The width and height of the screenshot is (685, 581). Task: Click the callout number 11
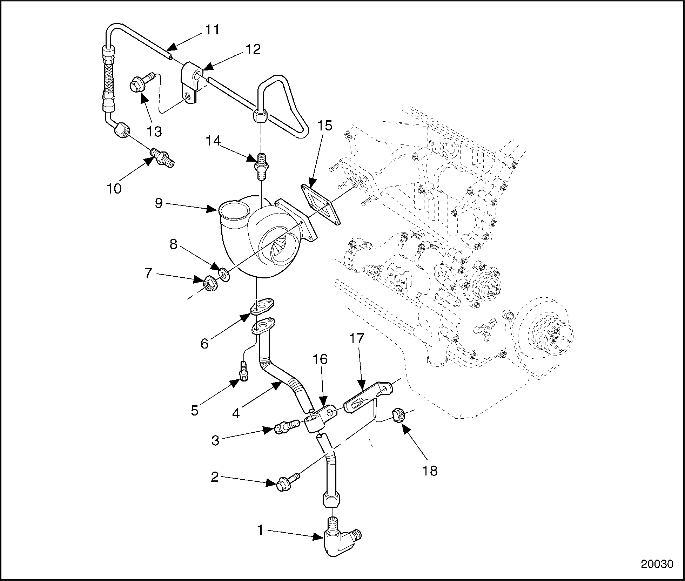pyautogui.click(x=212, y=30)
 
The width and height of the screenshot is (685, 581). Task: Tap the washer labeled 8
pyautogui.click(x=223, y=273)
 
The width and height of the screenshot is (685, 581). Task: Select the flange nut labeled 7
pyautogui.click(x=209, y=282)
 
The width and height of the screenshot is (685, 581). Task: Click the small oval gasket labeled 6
pyautogui.click(x=263, y=306)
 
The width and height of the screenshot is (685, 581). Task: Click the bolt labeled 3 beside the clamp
pyautogui.click(x=285, y=427)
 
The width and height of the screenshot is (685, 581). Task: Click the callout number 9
pyautogui.click(x=159, y=203)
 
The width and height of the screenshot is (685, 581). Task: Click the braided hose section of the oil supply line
pyautogui.click(x=107, y=75)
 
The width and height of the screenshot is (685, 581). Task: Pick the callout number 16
pyautogui.click(x=320, y=359)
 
